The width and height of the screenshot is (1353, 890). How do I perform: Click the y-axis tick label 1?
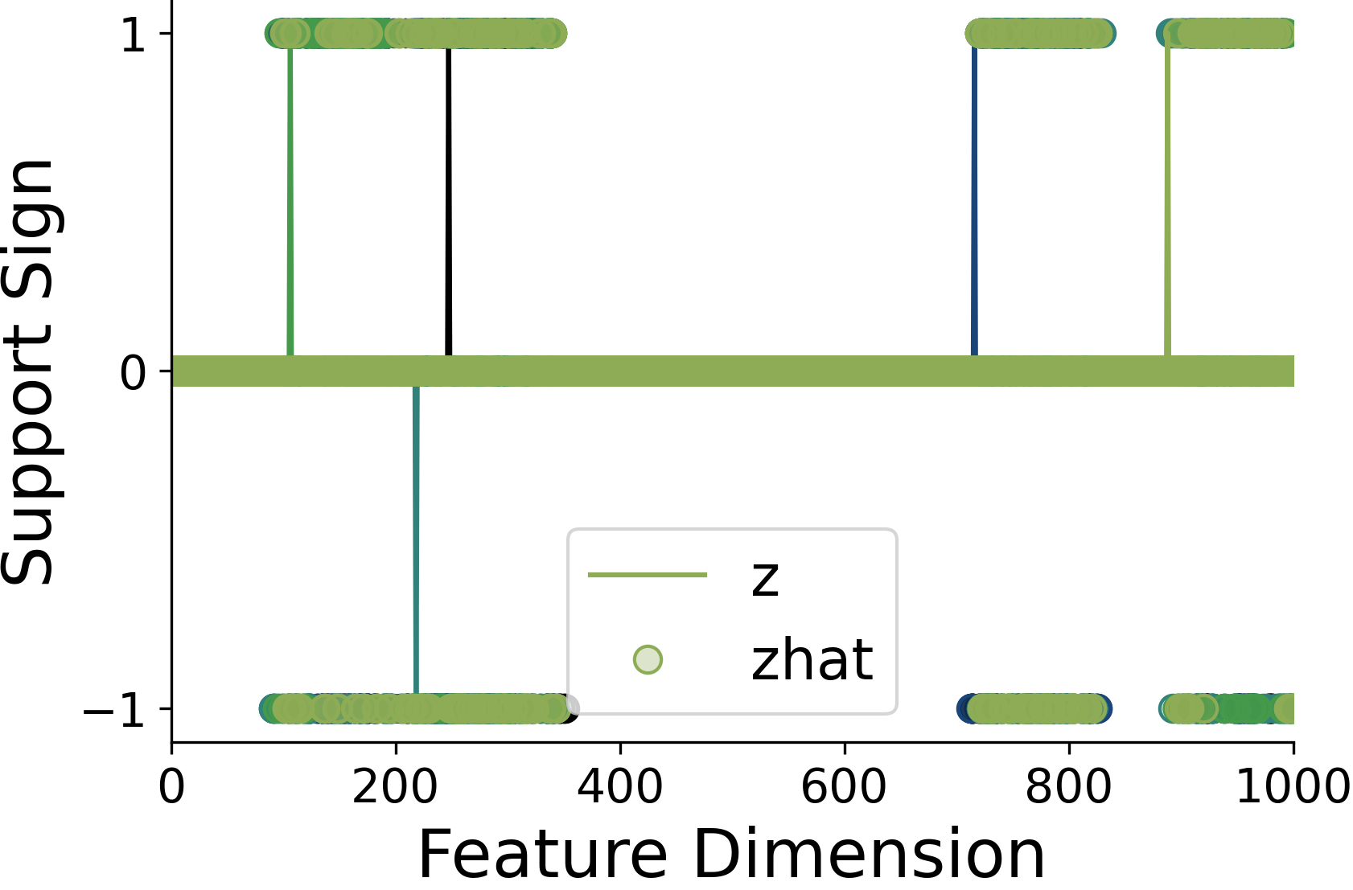coord(133,35)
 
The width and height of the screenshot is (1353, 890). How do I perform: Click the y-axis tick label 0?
coord(133,372)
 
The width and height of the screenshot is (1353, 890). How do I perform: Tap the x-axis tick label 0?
coord(171,787)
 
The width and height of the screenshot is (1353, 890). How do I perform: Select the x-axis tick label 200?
coord(395,787)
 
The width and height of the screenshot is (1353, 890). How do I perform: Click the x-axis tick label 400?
coord(619,787)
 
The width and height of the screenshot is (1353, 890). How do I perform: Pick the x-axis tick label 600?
coord(844,787)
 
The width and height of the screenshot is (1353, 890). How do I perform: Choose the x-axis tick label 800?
coord(1068,787)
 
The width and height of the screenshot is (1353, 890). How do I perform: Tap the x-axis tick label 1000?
coord(1292,787)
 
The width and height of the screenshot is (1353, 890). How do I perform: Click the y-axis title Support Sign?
coord(29,371)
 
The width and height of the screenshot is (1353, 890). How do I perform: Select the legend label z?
coord(765,576)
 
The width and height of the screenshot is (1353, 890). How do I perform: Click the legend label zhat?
coord(812,661)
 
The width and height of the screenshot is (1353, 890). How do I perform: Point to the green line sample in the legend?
coord(648,575)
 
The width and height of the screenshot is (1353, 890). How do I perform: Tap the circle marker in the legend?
coord(648,660)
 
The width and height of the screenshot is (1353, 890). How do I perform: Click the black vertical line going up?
coord(448,201)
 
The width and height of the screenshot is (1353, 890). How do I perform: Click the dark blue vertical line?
coord(974,201)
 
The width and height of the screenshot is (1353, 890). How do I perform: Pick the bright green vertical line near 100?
coord(290,201)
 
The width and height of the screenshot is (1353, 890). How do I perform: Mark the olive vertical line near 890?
coord(1167,201)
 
